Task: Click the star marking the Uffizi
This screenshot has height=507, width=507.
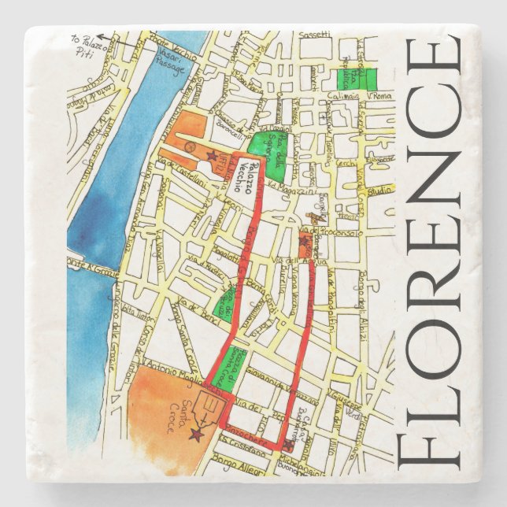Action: tap(211, 156)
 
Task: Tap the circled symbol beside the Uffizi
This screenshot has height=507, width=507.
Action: tap(188, 146)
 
